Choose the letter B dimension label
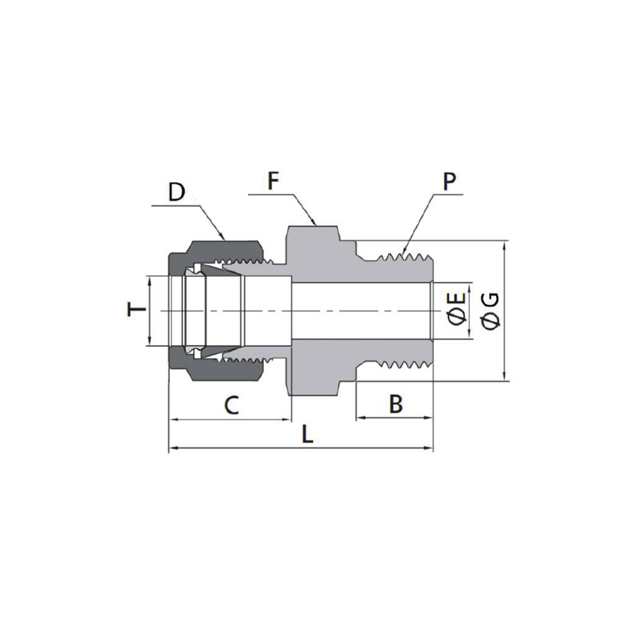click(396, 404)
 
